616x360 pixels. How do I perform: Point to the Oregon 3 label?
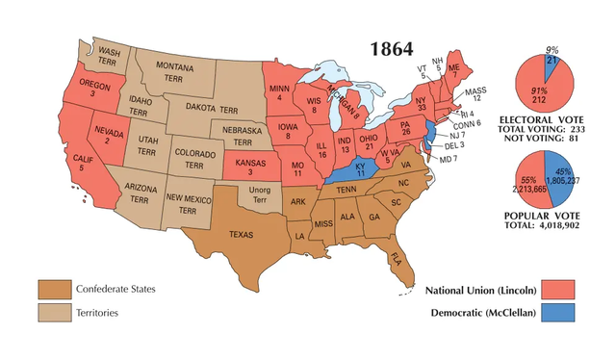[x=89, y=89]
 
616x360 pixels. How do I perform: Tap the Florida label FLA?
[x=396, y=257]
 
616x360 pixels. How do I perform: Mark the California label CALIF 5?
[x=85, y=162]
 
